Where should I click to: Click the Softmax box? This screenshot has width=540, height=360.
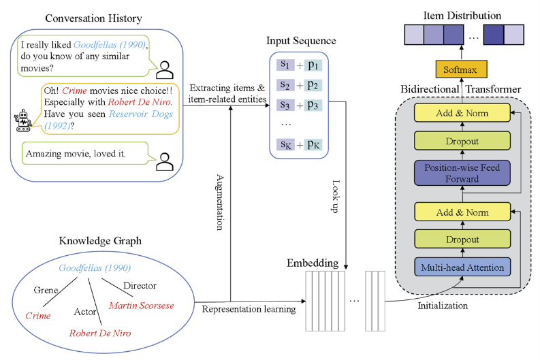point(462,69)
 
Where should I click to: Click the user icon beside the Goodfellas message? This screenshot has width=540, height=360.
point(165,67)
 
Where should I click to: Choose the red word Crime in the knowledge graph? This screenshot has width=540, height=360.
point(37,316)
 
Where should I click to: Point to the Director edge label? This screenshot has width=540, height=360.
point(140,286)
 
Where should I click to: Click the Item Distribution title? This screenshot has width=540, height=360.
point(462,15)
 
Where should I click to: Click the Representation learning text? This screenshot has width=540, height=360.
point(249,309)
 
